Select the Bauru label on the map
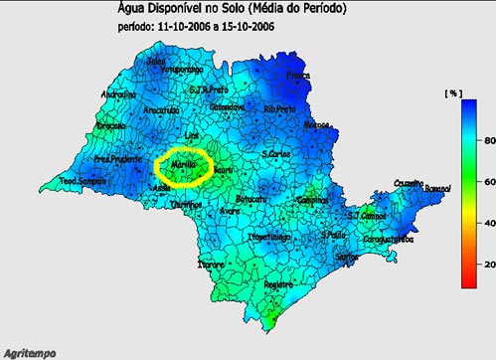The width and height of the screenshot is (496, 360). [225, 171]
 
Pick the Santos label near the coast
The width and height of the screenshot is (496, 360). [347, 257]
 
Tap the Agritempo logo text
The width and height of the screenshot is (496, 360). [29, 352]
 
